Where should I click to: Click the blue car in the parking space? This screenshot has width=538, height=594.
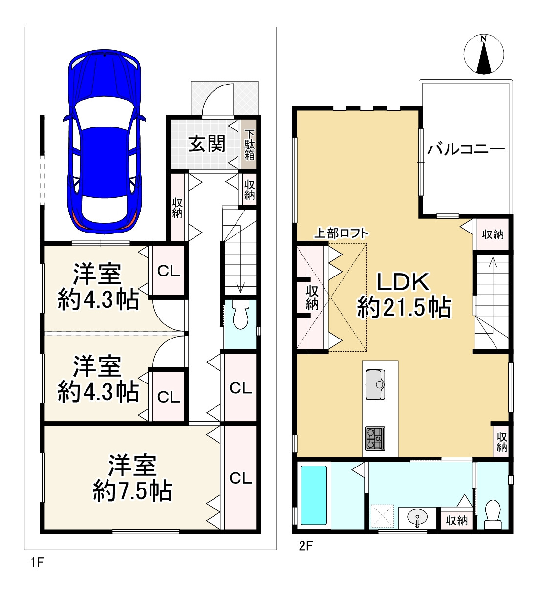click(x=105, y=142)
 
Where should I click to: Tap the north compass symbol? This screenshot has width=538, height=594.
click(x=483, y=55)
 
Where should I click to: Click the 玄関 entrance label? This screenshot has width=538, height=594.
click(x=207, y=144)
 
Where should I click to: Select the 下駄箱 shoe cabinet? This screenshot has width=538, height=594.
click(x=249, y=144)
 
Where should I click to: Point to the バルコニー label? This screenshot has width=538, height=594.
click(x=466, y=149)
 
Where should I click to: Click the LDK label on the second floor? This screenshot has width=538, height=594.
click(x=403, y=282)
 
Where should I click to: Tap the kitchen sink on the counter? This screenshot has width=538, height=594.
click(x=375, y=384)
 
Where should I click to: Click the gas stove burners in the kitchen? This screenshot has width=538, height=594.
click(x=375, y=439)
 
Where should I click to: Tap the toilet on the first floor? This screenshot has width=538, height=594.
click(x=240, y=315)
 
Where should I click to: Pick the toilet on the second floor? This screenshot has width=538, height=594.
click(x=493, y=514)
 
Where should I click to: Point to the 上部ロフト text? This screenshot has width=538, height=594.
click(x=341, y=233)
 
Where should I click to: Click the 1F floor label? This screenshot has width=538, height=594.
click(x=37, y=562)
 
